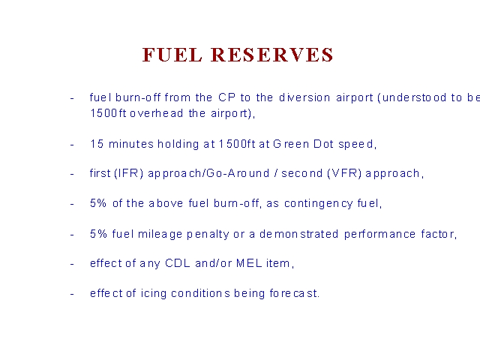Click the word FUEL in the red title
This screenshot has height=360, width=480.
click(x=172, y=55)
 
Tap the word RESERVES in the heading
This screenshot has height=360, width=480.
click(x=272, y=55)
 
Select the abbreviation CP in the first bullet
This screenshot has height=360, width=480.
click(x=226, y=97)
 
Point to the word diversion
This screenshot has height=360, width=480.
click(x=304, y=97)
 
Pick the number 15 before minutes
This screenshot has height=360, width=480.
click(x=97, y=144)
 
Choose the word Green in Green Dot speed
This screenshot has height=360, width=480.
click(x=291, y=144)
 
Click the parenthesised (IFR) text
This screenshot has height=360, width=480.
click(x=128, y=173)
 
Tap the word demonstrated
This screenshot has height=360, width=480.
click(x=298, y=234)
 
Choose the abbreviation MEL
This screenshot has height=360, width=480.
click(x=249, y=263)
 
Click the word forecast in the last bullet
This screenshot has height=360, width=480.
click(x=294, y=293)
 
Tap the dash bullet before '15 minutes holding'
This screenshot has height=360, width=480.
click(x=72, y=145)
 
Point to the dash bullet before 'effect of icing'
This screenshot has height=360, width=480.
click(x=72, y=294)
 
